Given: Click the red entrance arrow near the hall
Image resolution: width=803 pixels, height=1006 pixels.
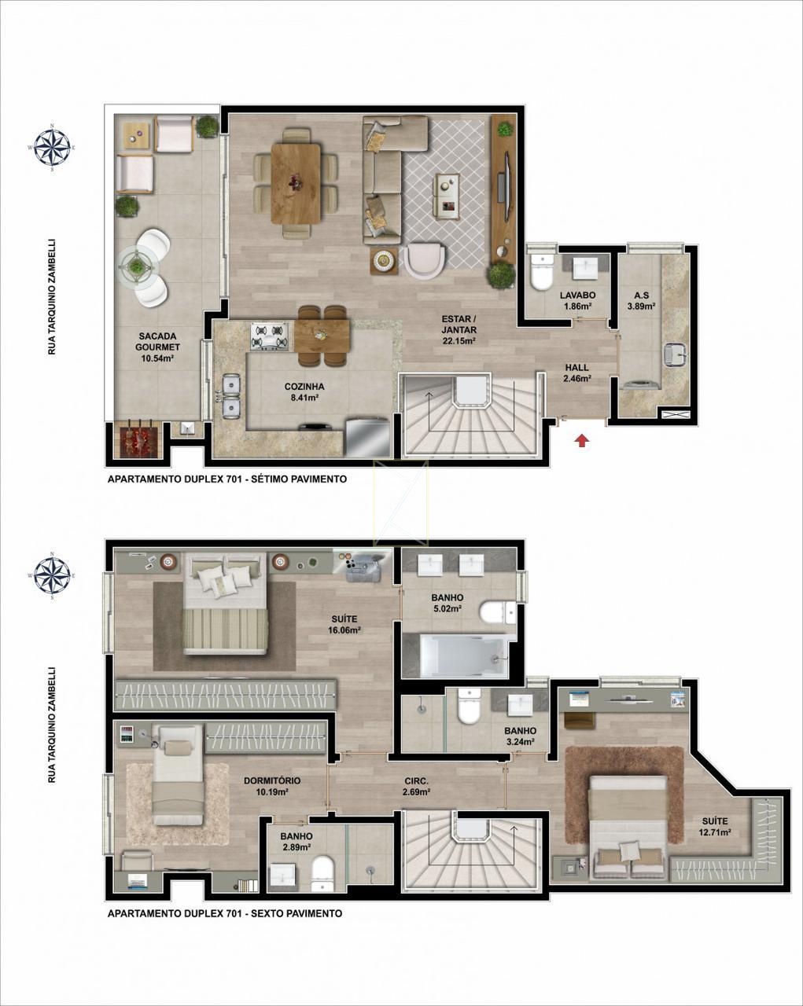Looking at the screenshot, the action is [582, 440].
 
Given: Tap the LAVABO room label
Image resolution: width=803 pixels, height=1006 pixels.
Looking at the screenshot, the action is [577, 296].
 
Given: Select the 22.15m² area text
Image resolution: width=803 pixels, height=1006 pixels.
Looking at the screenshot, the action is [459, 341].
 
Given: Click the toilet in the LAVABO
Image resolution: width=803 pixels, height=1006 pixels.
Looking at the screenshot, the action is [542, 272].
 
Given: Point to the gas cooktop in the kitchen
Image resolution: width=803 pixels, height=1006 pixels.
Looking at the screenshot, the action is [269, 336].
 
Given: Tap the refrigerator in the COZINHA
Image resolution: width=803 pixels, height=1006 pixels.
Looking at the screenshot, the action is [367, 437].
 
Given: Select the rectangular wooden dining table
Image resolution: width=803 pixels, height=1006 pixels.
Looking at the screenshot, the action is [297, 183].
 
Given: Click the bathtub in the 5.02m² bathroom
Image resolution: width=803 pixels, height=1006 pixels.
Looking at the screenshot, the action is [463, 655].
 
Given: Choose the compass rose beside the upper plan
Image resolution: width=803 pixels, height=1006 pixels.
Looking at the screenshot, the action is [52, 148].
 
